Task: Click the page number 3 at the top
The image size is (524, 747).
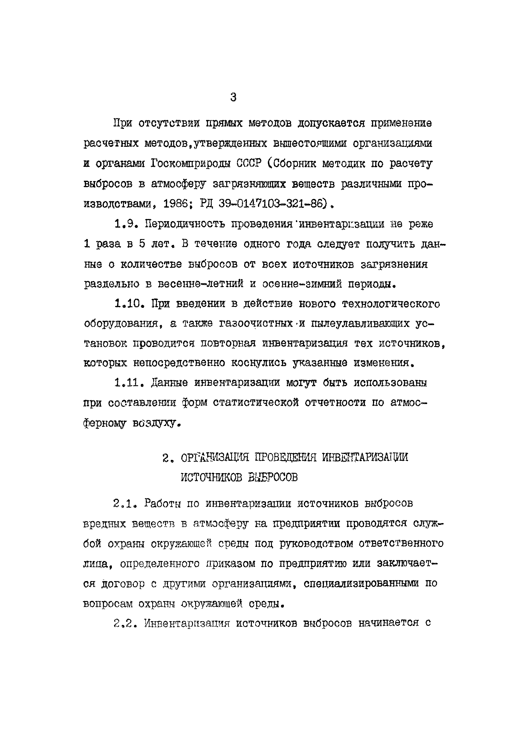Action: pos(233,97)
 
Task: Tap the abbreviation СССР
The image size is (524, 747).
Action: pos(249,163)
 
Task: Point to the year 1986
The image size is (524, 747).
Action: pos(175,204)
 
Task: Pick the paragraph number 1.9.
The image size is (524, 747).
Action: pos(125,224)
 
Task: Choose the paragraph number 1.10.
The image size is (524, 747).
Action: pos(129,303)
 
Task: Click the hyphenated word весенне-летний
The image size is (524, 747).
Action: pos(201,284)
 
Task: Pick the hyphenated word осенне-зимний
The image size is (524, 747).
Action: pos(302,284)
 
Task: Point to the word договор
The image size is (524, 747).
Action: pos(123,584)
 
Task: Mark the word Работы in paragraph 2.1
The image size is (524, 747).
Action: pos(162,503)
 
